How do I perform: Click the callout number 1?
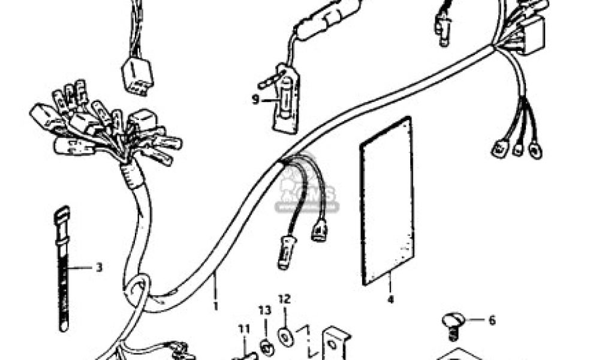pos(215,305)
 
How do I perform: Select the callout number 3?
pos(99,267)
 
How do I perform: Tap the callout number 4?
pos(390,298)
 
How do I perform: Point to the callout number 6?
pos(492,321)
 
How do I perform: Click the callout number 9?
pos(255,99)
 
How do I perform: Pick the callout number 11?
pos(243,328)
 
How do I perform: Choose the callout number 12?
pos(284,298)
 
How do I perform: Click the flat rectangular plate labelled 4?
pos(387,201)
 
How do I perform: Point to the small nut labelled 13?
pos(265,344)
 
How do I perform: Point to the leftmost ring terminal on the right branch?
pos(499,149)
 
